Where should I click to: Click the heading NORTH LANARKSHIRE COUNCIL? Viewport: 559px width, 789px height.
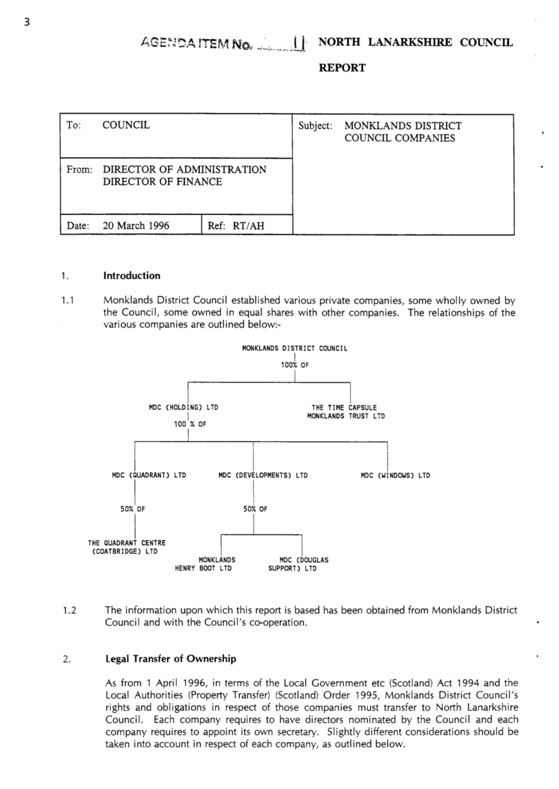[415, 42]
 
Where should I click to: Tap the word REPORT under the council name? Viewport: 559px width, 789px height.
[341, 68]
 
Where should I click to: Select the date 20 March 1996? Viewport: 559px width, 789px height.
[135, 226]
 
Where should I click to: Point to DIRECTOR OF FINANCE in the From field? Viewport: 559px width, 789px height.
[162, 182]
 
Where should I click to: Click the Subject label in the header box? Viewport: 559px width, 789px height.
[315, 126]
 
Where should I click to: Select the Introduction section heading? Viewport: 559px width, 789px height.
[132, 276]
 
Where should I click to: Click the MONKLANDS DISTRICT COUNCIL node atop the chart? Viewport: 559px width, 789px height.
[294, 348]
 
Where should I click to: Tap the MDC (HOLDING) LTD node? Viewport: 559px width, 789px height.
[183, 407]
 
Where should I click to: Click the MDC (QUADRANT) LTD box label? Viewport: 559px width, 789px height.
[149, 475]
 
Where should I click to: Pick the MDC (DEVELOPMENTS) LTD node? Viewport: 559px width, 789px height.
[263, 475]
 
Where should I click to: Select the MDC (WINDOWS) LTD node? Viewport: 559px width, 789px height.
[395, 475]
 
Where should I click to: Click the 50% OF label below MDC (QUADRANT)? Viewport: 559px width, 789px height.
[133, 509]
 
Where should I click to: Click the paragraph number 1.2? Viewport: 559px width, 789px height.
[69, 611]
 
